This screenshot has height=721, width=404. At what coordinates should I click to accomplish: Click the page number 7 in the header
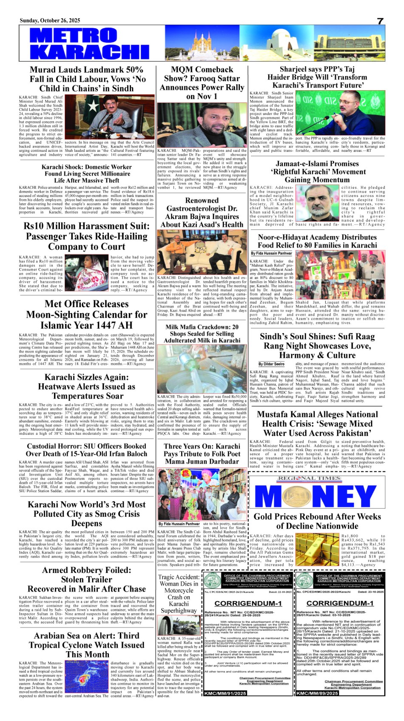[380, 21]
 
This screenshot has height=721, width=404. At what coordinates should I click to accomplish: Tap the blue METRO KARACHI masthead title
[83, 43]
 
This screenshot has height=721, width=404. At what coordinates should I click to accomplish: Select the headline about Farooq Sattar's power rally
[202, 83]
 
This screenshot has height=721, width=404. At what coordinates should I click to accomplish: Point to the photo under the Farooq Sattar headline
[202, 124]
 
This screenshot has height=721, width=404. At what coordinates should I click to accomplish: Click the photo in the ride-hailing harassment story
[86, 273]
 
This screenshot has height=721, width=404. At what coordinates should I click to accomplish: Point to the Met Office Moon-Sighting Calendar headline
[86, 314]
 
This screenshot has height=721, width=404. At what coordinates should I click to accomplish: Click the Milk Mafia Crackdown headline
[202, 334]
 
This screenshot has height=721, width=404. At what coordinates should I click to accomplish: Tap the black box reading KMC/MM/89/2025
[314, 705]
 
